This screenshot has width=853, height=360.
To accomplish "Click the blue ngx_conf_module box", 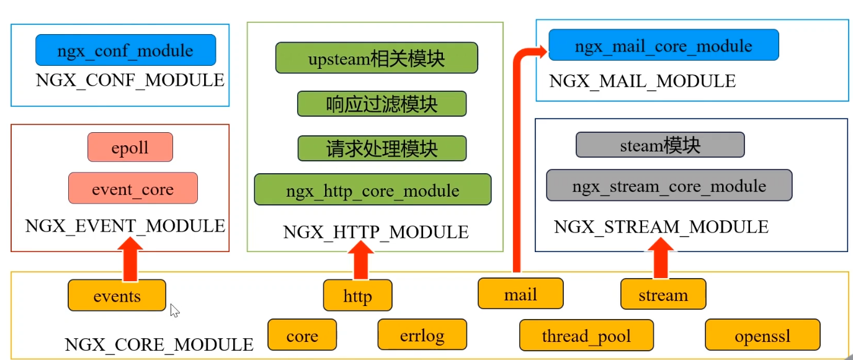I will (125, 50).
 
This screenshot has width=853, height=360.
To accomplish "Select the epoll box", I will (130, 148).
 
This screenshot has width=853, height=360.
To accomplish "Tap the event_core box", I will (133, 189).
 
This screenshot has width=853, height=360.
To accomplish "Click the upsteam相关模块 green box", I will (376, 58).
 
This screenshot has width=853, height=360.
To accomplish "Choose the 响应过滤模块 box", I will (382, 104).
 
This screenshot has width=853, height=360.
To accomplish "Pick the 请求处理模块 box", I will (382, 148).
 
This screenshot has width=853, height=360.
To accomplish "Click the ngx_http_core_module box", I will (372, 190).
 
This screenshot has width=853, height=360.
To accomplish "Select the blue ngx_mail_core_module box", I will (663, 45).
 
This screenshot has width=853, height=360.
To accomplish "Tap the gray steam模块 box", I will (660, 145).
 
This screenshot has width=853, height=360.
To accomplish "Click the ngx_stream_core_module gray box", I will (669, 186).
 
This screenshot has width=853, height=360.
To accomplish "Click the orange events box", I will (117, 295).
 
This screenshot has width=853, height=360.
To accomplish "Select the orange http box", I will (357, 295).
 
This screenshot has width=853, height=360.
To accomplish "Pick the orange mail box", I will (520, 294).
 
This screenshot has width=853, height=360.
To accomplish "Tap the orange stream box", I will (663, 294).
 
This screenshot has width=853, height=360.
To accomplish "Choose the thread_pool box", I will (586, 335).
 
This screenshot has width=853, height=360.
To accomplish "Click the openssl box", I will (762, 335).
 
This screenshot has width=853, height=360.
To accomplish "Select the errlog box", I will (421, 335).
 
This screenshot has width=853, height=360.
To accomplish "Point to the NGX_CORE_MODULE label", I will (159, 344).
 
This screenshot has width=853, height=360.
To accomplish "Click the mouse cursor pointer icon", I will (174, 310).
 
